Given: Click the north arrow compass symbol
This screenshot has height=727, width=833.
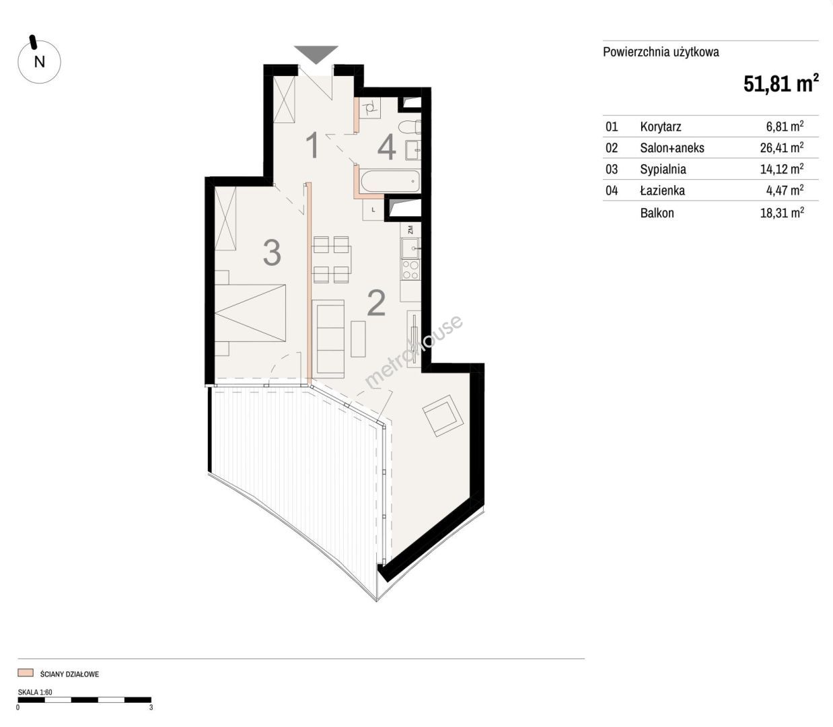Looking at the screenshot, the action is (39, 61).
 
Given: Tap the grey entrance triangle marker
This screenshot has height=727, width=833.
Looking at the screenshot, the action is (316, 54).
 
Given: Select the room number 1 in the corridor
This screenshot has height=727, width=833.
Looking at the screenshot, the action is (313, 145).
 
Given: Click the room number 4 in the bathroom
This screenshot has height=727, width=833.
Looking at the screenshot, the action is (386, 147).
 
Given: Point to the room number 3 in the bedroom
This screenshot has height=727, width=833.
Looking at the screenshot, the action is (272, 252).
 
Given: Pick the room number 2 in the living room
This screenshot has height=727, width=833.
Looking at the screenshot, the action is (376, 303).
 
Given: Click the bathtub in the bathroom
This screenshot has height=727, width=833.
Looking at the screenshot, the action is (389, 182).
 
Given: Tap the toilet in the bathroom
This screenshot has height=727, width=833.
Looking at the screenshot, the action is (410, 127).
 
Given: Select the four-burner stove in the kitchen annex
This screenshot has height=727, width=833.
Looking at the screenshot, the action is (410, 271).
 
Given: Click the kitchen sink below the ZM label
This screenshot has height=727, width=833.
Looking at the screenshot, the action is (410, 248).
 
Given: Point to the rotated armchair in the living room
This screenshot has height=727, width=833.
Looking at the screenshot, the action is (443, 415).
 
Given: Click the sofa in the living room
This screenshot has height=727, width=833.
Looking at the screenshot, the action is (328, 337).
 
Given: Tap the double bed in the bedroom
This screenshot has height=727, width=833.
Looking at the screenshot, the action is (250, 313).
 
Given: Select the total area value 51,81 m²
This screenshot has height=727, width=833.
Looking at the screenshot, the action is (781, 84).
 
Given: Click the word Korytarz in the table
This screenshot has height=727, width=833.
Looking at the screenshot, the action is (660, 127).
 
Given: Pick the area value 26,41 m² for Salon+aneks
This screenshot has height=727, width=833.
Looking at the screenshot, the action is (782, 147).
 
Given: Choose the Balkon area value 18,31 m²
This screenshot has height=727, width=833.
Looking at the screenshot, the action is (782, 213).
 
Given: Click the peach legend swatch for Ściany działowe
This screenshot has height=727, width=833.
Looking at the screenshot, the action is (26, 672).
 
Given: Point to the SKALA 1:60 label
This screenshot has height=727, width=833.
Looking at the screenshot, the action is (35, 692).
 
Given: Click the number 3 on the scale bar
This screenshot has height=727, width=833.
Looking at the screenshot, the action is (151, 707).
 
